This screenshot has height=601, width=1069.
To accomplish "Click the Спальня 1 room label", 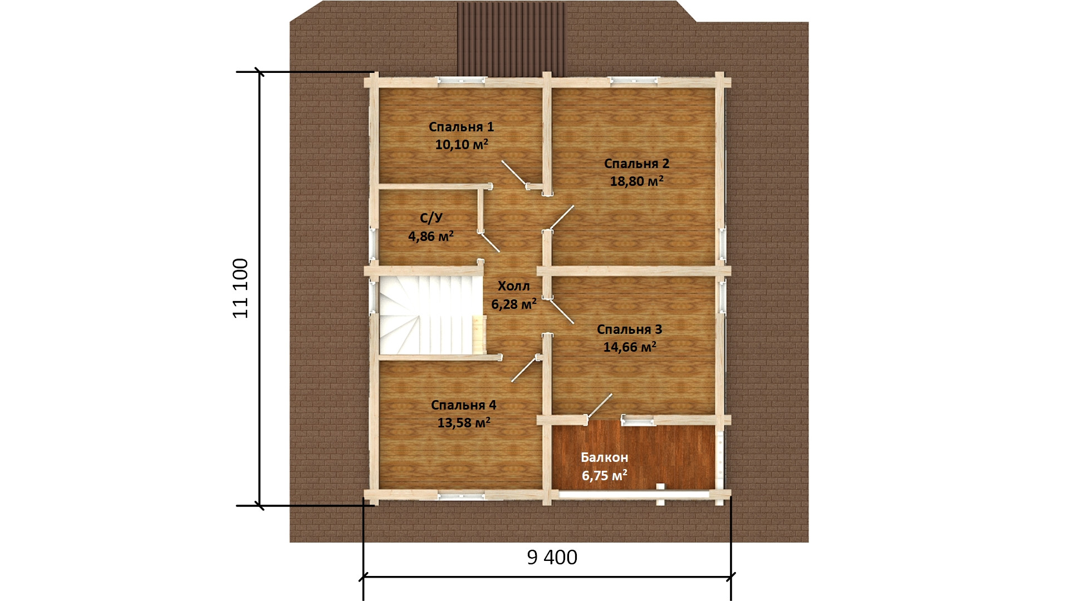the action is point(461,127).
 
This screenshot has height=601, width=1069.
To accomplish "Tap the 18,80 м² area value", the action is point(637,181).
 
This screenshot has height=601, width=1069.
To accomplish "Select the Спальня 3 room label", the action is point(629,329).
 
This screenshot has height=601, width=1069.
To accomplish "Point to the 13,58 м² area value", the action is point(464,422).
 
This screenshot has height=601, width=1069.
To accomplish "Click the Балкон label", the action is point(604,457).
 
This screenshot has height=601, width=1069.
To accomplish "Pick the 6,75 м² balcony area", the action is point(604,475).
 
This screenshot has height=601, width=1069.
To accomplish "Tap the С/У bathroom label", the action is point(431,218).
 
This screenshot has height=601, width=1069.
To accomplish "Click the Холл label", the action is point(513,286).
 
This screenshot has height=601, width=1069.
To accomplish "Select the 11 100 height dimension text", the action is point(241,288).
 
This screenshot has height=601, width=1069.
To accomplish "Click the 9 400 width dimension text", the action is point(552,557).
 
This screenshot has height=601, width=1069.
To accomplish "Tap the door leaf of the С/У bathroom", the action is point(491,244).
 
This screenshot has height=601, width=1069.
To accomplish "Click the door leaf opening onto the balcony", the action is point(600,405).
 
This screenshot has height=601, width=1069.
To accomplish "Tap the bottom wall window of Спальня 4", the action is point(460,494).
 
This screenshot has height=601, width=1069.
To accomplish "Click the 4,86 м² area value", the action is point(431,237).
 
